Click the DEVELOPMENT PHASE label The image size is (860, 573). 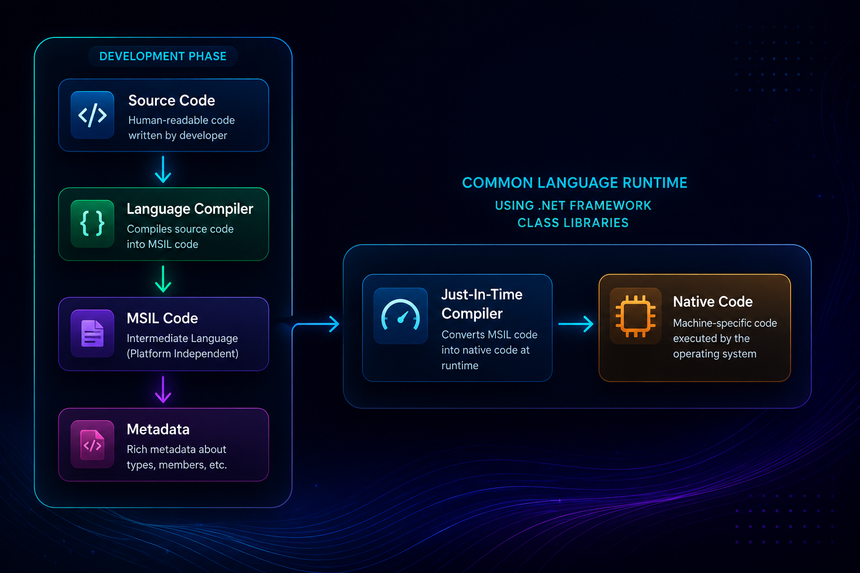click(x=163, y=57)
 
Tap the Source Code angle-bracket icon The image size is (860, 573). click(x=92, y=115)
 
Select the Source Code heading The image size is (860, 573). click(x=172, y=101)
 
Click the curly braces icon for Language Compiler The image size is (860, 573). click(x=92, y=223)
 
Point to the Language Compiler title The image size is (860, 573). click(x=190, y=209)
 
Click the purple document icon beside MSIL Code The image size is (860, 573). click(x=92, y=334)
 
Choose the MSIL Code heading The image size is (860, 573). click(x=162, y=318)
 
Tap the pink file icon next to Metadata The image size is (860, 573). click(x=92, y=444)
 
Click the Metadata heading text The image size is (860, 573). click(x=158, y=429)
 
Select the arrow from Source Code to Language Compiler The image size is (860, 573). click(x=163, y=170)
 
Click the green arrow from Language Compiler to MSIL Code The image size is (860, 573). click(x=163, y=279)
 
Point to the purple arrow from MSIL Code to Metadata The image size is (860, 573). click(x=163, y=389)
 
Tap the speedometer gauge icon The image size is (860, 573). click(x=400, y=315)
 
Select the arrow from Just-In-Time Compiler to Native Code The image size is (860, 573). click(x=576, y=324)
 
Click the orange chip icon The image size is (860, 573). click(x=635, y=316)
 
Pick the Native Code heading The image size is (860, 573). click(x=713, y=302)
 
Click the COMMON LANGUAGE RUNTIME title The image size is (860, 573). click(x=575, y=182)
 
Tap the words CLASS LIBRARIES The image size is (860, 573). click(x=573, y=223)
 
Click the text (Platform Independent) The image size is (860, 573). click(x=183, y=354)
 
